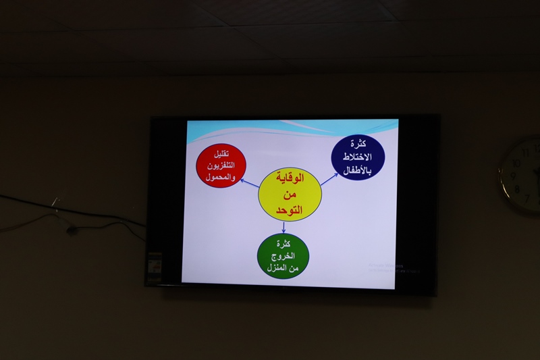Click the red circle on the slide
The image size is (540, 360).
(x=221, y=164)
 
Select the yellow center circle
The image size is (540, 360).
(x=290, y=195)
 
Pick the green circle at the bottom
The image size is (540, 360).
(x=283, y=256)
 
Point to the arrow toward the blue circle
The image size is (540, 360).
(x=329, y=178)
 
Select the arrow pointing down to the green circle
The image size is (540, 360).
(x=283, y=227)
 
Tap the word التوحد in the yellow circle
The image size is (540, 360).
(x=291, y=210)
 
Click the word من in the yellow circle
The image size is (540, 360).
(x=291, y=195)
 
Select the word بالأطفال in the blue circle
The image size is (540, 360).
(x=357, y=170)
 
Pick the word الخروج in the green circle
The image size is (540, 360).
(x=283, y=257)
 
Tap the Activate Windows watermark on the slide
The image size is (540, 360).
(x=394, y=267)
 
